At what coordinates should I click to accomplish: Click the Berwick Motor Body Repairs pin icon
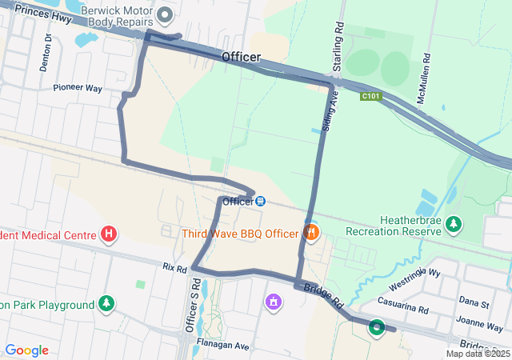(x=166, y=14)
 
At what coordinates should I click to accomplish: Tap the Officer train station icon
(x=261, y=201)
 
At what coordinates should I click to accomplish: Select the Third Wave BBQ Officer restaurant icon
(x=311, y=234)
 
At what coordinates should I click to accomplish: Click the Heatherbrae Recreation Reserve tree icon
(x=454, y=223)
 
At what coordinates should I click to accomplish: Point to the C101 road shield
(x=370, y=96)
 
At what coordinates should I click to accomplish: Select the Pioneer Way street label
(x=78, y=88)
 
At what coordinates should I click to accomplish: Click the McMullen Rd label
(x=426, y=74)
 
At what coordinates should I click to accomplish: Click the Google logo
(x=26, y=350)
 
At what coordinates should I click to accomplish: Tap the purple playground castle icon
(x=274, y=302)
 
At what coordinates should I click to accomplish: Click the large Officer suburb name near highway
(x=241, y=57)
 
